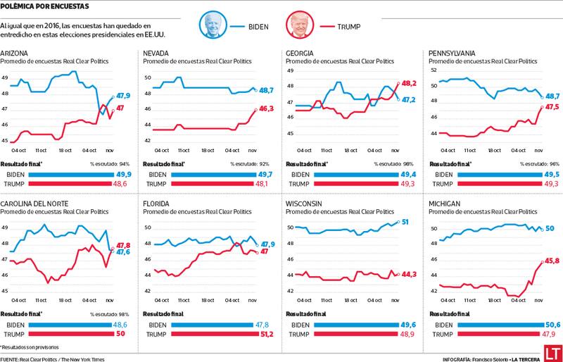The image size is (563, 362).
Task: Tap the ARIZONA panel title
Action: tap(15, 53)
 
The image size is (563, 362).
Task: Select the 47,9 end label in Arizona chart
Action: tap(123, 95)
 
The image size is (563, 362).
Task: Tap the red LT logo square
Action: tap(550, 351)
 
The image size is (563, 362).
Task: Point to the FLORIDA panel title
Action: tap(157, 204)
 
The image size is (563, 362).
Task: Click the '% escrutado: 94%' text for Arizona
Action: tap(111, 163)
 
